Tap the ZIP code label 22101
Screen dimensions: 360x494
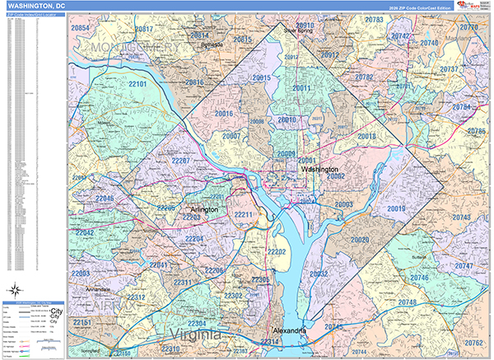[137, 85]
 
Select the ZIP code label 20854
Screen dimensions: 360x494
[81, 28]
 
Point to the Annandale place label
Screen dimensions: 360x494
[99, 290]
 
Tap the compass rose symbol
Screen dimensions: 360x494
[15, 289]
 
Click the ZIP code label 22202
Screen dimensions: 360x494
[275, 251]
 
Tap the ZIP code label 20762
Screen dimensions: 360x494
[473, 342]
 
